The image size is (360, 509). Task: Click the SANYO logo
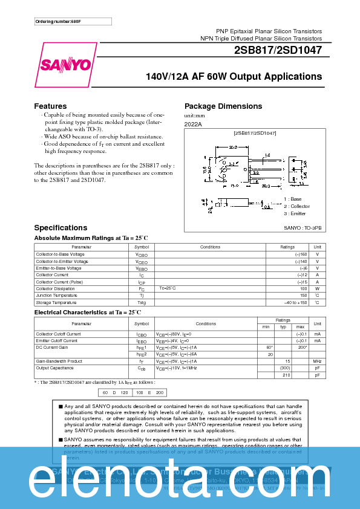tap(67, 64)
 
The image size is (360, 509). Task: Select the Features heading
tap(50, 106)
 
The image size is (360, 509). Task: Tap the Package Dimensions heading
tap(223, 106)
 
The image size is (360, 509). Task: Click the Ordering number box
tap(73, 22)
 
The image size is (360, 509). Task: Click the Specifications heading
tap(61, 227)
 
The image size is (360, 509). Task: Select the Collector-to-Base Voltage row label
tap(59, 254)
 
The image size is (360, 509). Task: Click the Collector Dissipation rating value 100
tap(303, 288)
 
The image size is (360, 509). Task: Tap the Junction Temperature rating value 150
tap(303, 295)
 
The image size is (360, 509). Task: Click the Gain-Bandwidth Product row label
tap(58, 360)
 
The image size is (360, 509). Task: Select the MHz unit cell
tap(317, 360)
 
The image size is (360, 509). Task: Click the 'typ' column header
tap(283, 326)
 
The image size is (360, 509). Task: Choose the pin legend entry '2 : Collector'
tap(296, 206)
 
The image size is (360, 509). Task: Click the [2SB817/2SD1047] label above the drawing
tap(255, 132)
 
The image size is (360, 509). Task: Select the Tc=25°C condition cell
tap(168, 288)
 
